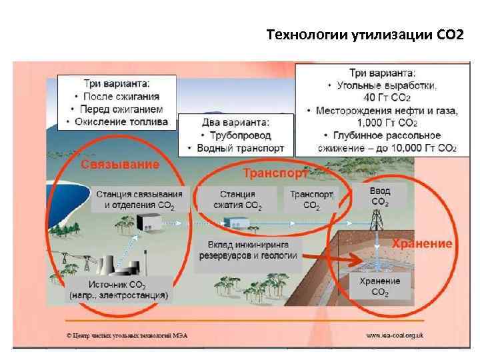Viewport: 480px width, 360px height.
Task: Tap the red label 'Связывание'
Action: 120,164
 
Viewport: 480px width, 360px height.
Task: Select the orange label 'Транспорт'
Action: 275,174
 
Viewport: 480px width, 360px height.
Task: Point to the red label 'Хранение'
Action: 421,243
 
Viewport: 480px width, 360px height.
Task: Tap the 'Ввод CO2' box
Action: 380,196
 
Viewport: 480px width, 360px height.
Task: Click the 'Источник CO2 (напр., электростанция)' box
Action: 119,289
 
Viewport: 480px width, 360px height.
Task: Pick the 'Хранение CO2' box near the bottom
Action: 380,286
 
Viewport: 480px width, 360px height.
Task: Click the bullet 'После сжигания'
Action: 121,97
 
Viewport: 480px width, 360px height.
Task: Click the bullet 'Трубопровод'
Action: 235,135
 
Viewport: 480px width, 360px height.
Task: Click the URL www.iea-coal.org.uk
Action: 399,335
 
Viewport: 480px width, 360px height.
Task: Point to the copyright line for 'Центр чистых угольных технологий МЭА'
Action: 126,335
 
